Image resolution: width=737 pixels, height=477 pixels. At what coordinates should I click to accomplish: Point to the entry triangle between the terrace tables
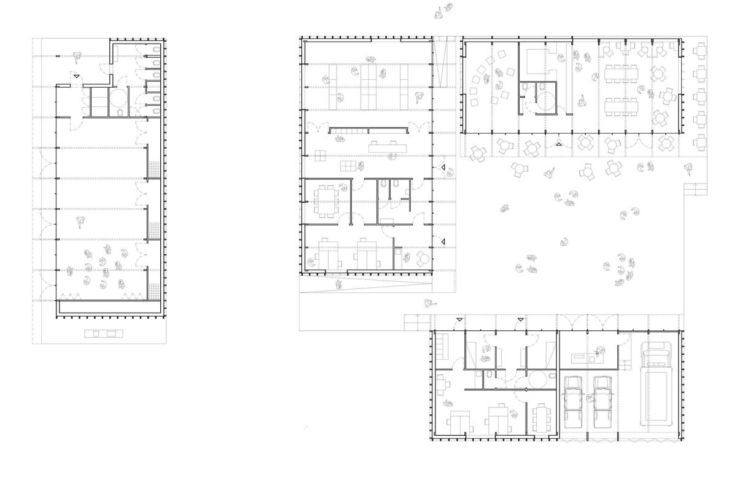point(558,144)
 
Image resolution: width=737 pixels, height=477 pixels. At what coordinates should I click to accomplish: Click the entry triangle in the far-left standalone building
point(76,76)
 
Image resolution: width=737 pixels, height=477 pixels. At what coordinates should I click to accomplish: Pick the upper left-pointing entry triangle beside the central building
point(442,168)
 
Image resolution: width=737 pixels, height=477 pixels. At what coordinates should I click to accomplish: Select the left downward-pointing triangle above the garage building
point(459,320)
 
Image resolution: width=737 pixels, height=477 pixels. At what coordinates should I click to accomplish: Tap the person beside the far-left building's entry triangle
point(77,58)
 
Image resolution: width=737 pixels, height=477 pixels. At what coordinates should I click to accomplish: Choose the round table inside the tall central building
point(422,258)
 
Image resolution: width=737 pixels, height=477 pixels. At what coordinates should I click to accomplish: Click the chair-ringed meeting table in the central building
point(324,201)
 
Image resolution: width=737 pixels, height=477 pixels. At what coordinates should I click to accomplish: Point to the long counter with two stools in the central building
point(384,147)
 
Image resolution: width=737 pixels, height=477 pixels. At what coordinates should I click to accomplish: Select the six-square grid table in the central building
point(348,166)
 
